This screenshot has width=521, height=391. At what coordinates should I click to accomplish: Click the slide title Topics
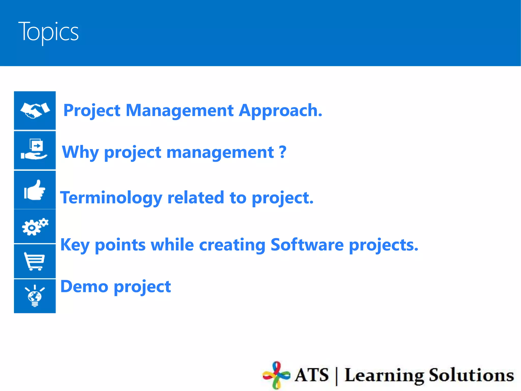click(48, 32)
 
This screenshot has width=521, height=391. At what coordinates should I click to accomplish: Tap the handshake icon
click(35, 110)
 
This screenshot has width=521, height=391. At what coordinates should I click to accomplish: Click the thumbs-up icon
click(35, 190)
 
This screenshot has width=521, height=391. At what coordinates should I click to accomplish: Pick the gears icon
click(35, 227)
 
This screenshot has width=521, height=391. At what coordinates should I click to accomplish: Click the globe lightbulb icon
click(35, 296)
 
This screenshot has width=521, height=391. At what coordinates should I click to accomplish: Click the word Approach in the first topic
click(280, 111)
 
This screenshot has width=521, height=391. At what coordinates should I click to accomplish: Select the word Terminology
click(111, 198)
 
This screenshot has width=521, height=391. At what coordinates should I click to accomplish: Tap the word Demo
click(84, 287)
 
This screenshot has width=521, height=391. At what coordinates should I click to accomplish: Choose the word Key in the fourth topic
click(75, 245)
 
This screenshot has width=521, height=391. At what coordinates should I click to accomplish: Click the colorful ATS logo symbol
click(276, 375)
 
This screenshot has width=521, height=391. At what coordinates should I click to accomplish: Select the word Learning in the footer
click(384, 375)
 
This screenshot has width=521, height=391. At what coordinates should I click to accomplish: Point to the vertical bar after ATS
click(337, 376)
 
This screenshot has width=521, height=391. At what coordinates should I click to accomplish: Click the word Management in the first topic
click(180, 111)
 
